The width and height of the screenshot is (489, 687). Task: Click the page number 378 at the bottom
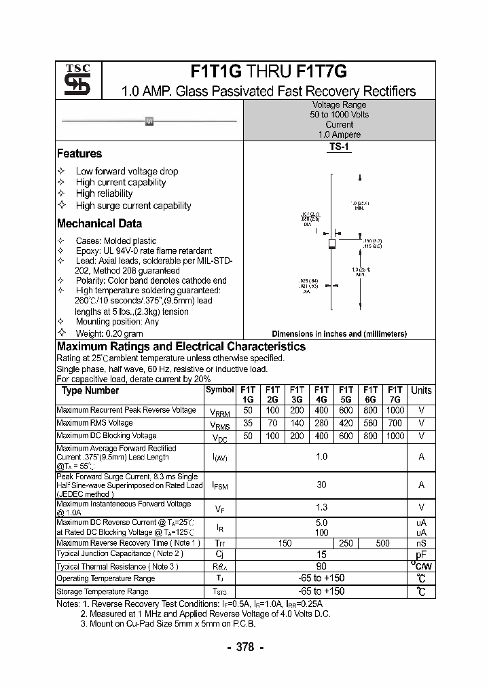click(x=244, y=648)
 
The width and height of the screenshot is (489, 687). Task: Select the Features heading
click(x=79, y=153)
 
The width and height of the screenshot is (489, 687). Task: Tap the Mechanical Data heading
click(x=99, y=223)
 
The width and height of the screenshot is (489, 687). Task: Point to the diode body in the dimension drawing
click(x=332, y=244)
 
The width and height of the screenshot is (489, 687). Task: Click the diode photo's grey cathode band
click(x=149, y=122)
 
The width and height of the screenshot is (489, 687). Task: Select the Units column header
click(x=421, y=390)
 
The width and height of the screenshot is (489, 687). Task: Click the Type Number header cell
click(x=90, y=390)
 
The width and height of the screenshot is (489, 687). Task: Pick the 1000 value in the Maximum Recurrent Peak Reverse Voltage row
click(x=395, y=410)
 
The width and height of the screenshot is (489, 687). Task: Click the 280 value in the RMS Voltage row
click(x=321, y=423)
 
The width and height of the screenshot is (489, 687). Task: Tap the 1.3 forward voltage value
click(x=321, y=508)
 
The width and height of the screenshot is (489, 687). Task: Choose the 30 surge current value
click(x=321, y=485)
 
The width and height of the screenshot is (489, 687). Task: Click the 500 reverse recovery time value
click(x=382, y=543)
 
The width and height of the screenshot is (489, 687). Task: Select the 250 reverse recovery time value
click(x=346, y=543)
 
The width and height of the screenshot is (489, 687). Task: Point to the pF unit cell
click(x=421, y=555)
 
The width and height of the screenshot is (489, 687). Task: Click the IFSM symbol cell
click(x=220, y=485)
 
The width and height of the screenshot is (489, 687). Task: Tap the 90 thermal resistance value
click(x=321, y=566)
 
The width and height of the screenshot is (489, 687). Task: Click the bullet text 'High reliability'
click(x=104, y=193)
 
